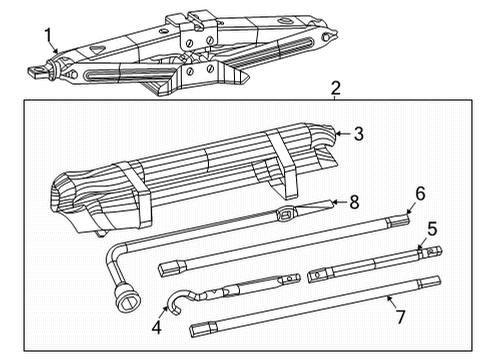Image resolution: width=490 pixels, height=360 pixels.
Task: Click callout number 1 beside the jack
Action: click(47, 37)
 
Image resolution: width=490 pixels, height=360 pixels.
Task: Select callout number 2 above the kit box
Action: click(337, 88)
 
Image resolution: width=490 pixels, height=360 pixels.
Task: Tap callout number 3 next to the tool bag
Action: click(358, 131)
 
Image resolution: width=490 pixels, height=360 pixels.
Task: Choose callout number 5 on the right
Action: click(432, 228)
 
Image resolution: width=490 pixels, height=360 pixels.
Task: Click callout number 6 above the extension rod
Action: click(420, 193)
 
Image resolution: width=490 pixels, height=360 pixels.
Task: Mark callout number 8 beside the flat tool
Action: click(352, 201)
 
